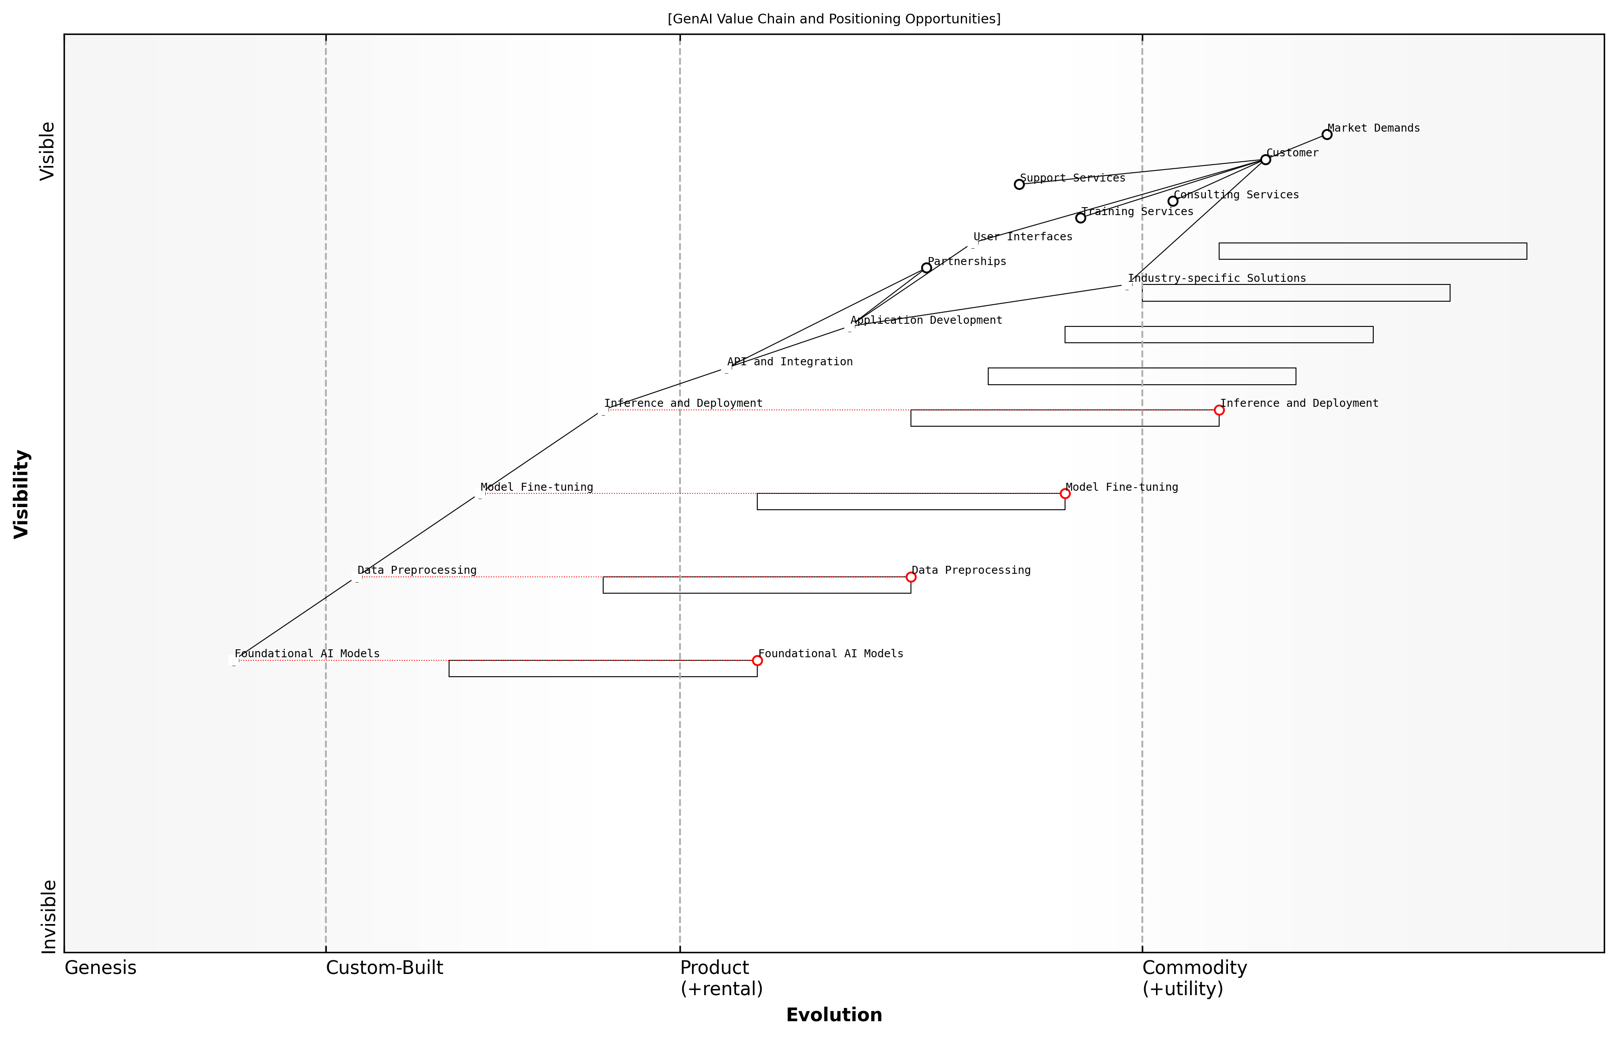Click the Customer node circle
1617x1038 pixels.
tap(1266, 160)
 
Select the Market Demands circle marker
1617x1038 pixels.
tap(1326, 135)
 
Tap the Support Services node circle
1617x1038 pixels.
tap(1019, 185)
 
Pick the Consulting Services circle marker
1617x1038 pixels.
tap(1172, 201)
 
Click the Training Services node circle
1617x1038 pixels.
tap(1080, 218)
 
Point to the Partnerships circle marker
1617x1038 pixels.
tap(926, 268)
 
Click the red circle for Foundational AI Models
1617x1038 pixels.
tap(757, 660)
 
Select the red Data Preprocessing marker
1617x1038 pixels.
tap(911, 577)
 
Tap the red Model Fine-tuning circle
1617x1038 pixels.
tap(1065, 493)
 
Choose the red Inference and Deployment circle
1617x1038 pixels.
tap(1219, 410)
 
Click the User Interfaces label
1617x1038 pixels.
tap(1023, 237)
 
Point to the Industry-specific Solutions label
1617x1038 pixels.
tap(1217, 278)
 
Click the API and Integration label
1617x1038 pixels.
tap(790, 362)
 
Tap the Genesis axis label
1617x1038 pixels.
tap(100, 968)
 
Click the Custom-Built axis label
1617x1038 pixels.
tap(384, 968)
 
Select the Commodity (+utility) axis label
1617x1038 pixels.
tap(1194, 978)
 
